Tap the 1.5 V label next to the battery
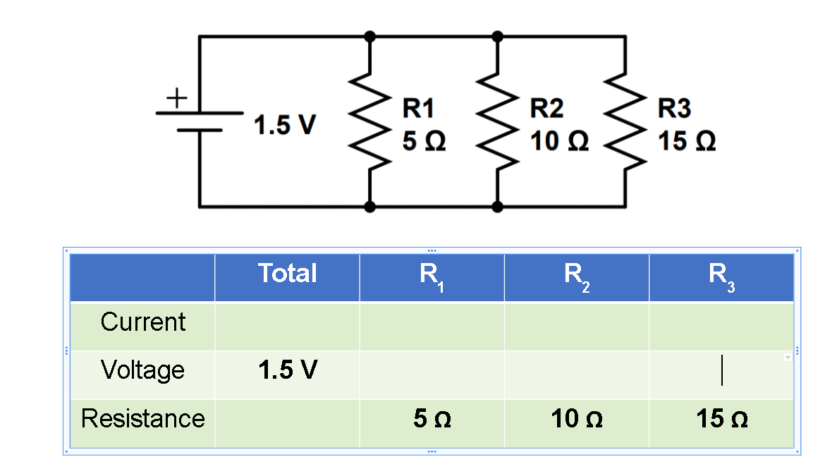click(285, 126)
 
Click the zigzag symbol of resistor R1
click(370, 121)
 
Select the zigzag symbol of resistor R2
click(498, 121)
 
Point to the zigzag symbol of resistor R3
click(625, 121)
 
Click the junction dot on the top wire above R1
click(370, 36)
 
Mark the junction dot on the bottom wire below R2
click(498, 207)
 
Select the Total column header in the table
click(287, 274)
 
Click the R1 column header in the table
click(432, 275)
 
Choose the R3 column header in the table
click(721, 275)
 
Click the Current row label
click(142, 322)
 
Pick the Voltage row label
click(142, 370)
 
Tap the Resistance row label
click(142, 419)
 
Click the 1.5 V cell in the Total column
click(287, 370)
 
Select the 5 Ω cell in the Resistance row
click(432, 420)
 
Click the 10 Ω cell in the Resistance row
click(576, 420)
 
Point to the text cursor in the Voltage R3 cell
click(721, 371)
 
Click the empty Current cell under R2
click(576, 326)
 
